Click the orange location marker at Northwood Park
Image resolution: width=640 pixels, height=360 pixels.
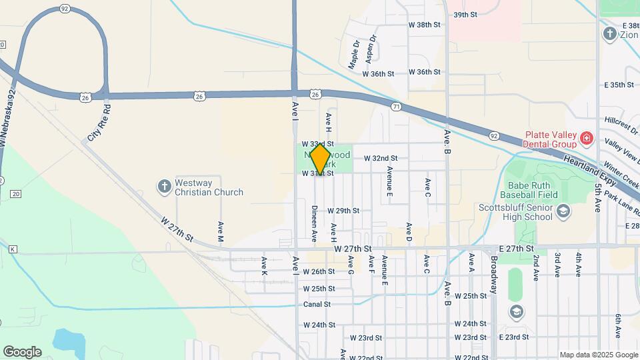(x=320, y=159)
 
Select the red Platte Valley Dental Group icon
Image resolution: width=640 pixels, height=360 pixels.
(x=587, y=139)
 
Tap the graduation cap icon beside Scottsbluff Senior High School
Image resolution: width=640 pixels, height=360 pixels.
(x=563, y=211)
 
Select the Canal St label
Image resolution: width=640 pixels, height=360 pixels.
(x=317, y=304)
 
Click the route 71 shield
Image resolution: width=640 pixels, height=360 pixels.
(x=397, y=107)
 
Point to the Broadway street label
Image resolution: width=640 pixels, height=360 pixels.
(x=494, y=275)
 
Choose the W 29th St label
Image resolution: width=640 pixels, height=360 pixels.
(x=343, y=211)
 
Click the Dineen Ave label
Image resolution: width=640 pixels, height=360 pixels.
(x=314, y=223)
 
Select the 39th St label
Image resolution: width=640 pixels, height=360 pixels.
(x=465, y=14)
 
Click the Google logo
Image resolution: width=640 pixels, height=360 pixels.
(x=22, y=351)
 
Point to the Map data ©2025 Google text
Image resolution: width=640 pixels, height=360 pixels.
(x=598, y=355)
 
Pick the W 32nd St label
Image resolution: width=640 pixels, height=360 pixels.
(x=381, y=159)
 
